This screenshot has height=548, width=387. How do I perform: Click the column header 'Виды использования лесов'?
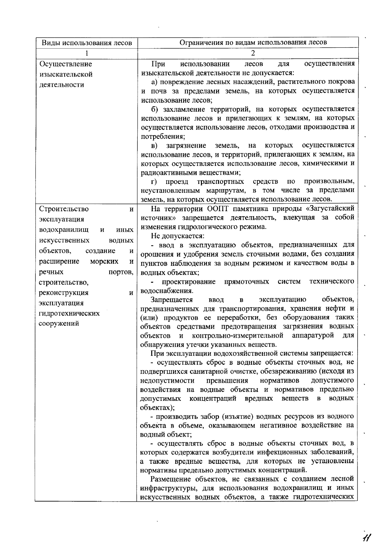click(86, 43)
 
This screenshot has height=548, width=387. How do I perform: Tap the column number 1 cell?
click(86, 53)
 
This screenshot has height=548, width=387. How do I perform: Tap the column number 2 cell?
click(253, 53)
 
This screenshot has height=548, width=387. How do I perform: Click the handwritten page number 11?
click(366, 538)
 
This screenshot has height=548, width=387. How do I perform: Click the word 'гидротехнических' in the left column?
click(69, 313)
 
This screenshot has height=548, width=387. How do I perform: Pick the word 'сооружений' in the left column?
click(59, 323)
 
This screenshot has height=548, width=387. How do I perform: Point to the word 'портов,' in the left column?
click(121, 272)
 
